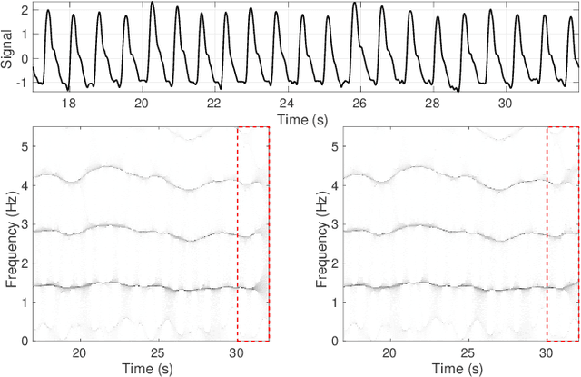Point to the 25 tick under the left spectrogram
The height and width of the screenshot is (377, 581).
click(x=158, y=352)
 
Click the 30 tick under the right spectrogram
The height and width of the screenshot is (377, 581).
click(x=547, y=352)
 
